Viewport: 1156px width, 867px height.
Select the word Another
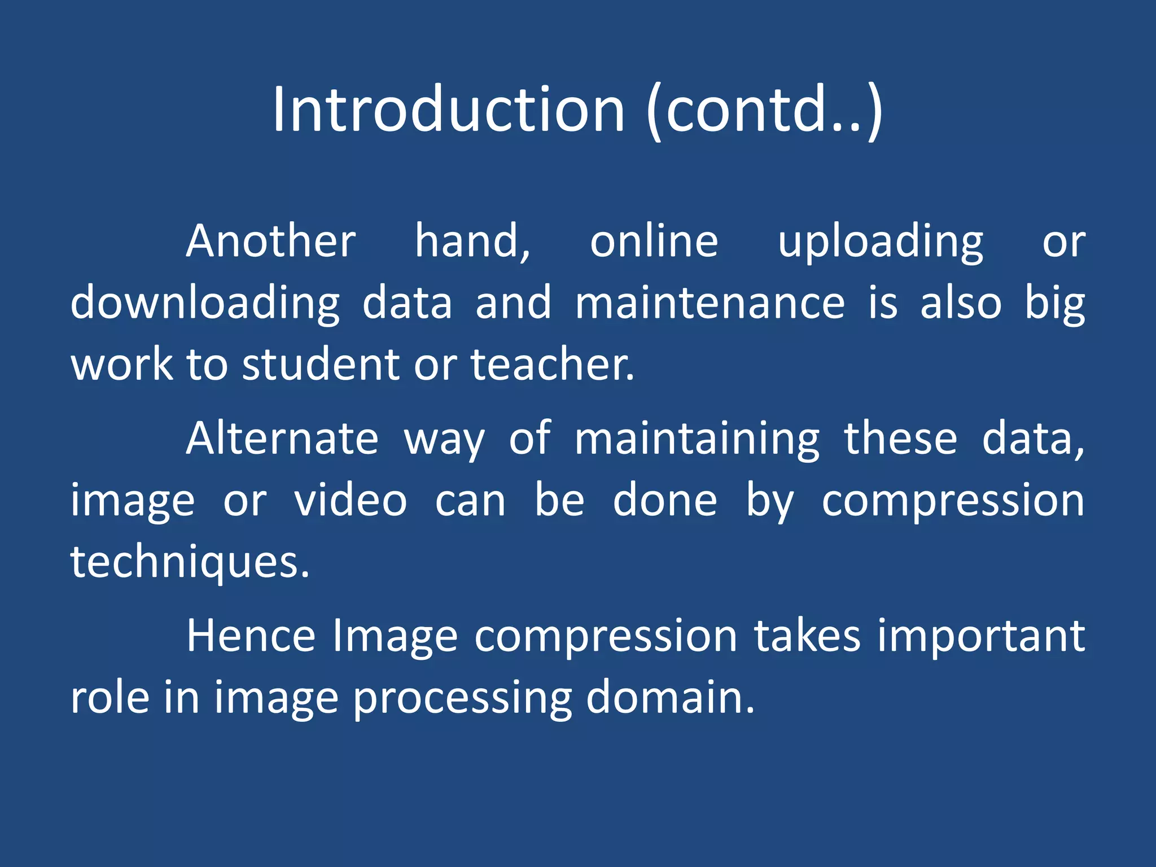coord(271,242)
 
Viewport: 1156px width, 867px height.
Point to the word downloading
coord(205,304)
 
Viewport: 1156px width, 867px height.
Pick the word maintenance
coord(710,303)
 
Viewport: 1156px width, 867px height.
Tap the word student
coord(322,365)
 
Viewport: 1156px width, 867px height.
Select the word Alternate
coord(282,439)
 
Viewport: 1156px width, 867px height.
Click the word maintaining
coord(697,440)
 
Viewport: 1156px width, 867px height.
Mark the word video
coord(351,501)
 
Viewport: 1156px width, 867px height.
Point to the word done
coord(665,501)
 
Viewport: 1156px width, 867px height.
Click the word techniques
coord(189,562)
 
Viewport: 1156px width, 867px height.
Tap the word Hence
coord(251,636)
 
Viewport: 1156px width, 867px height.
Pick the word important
coord(981,637)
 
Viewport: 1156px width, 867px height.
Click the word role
coord(110,698)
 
